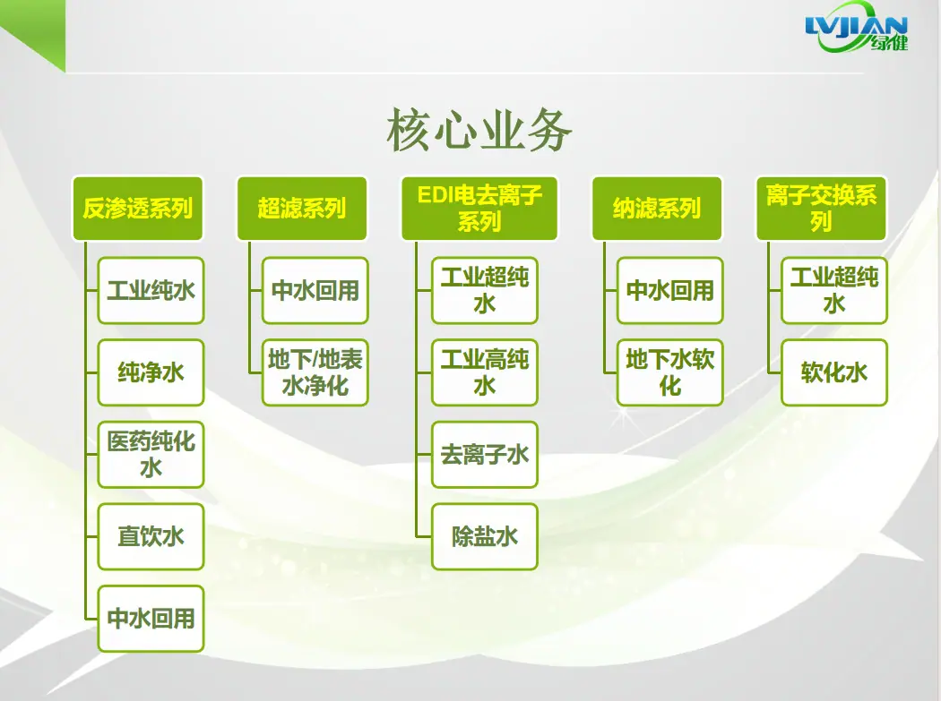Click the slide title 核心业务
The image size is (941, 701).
click(479, 130)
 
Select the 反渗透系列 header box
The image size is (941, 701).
click(137, 208)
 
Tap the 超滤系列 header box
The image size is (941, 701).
click(302, 208)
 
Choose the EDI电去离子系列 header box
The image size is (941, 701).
click(479, 208)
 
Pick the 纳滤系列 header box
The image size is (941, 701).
click(657, 208)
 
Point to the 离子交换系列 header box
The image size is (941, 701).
click(821, 208)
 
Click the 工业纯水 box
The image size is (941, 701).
click(151, 291)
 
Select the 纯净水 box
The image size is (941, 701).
click(151, 372)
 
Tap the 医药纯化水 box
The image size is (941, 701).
click(151, 455)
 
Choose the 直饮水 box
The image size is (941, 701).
click(151, 536)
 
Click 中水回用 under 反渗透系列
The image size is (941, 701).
click(151, 619)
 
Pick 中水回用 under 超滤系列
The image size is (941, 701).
click(315, 291)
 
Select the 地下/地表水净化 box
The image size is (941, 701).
click(315, 372)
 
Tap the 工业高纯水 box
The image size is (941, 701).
click(484, 372)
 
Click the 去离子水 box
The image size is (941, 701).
click(484, 455)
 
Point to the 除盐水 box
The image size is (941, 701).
click(484, 536)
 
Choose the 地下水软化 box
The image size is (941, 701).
click(669, 372)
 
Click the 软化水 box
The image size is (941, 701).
click(834, 372)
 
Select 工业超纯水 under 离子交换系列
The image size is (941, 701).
click(834, 291)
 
